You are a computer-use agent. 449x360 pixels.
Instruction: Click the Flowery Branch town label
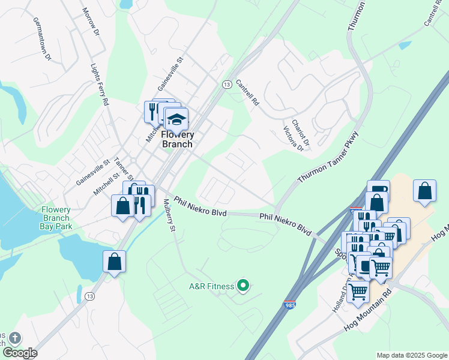(x=178, y=139)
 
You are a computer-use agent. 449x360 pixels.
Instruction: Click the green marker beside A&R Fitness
(x=243, y=286)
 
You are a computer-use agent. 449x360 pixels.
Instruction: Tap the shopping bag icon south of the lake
(x=114, y=262)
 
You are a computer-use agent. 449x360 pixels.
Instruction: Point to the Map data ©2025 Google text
(x=411, y=355)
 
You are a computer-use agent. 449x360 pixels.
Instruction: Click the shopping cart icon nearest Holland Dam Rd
(x=358, y=293)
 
